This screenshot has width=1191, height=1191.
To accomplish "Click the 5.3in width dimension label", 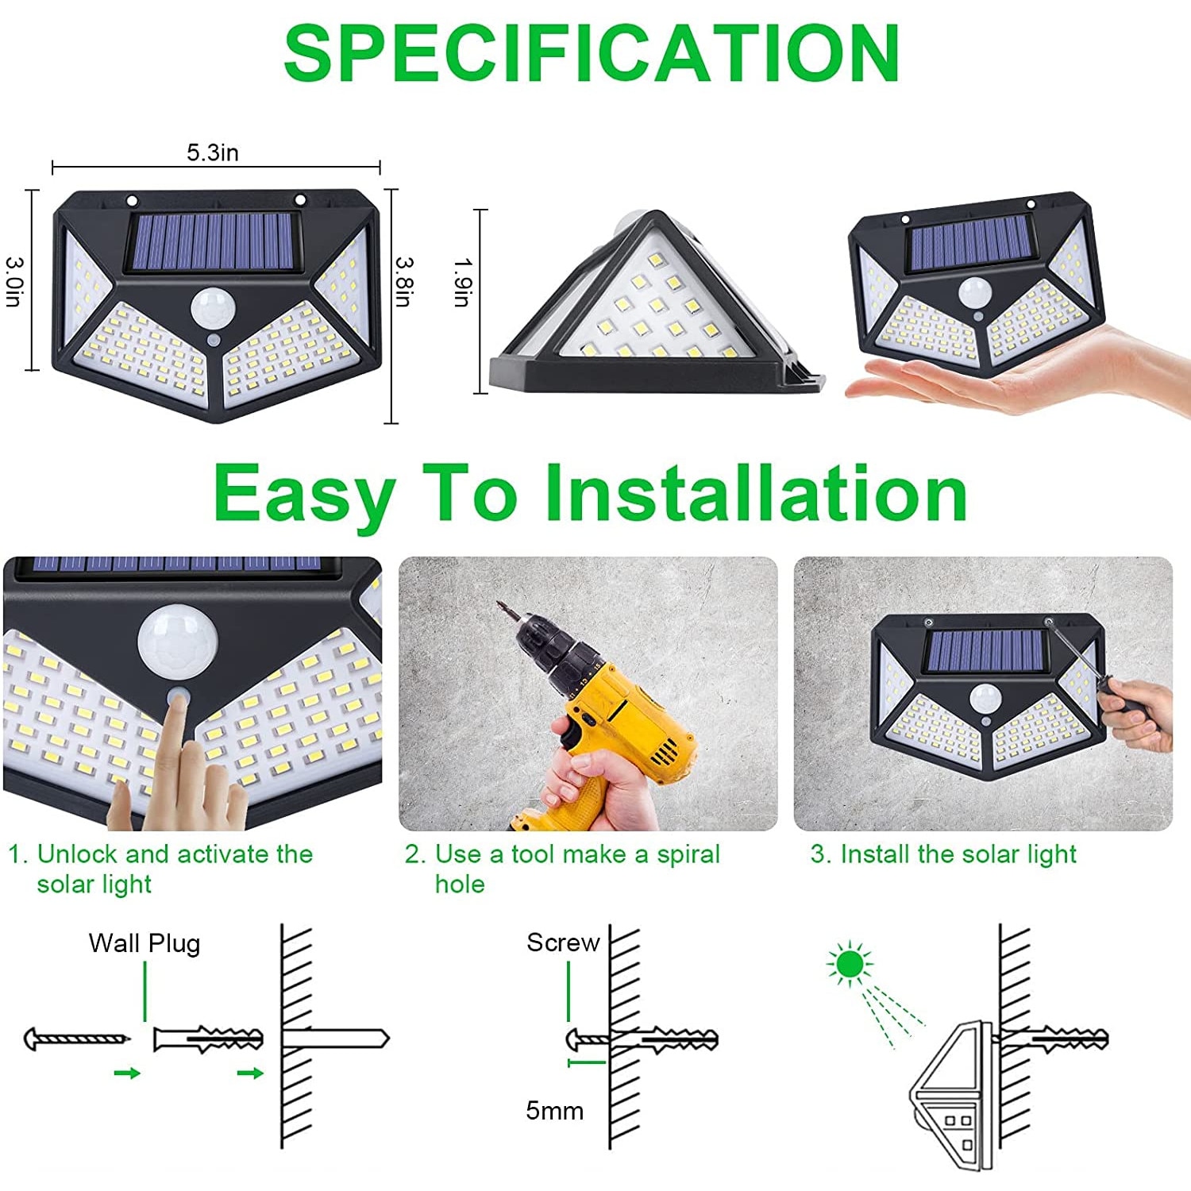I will pos(212,152).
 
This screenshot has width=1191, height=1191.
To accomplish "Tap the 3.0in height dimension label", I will pos(15,280).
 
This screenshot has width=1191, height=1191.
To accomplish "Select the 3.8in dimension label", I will pos(404,280).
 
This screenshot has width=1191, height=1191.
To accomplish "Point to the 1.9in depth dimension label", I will pos(463,282).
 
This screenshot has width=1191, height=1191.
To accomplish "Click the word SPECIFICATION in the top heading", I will pos(592,53).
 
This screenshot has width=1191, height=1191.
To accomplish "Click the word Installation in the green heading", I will pos(755,494).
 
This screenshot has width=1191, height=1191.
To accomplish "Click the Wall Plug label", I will pos(145,943).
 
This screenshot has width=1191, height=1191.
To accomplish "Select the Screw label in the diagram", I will pos(563,942).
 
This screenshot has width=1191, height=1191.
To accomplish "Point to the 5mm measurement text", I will pos(554,1110).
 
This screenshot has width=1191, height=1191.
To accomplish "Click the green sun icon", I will pos(850,964).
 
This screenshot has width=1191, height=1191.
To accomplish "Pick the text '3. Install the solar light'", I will pos(942,854).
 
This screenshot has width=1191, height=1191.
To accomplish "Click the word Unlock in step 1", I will pos(79,854).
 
